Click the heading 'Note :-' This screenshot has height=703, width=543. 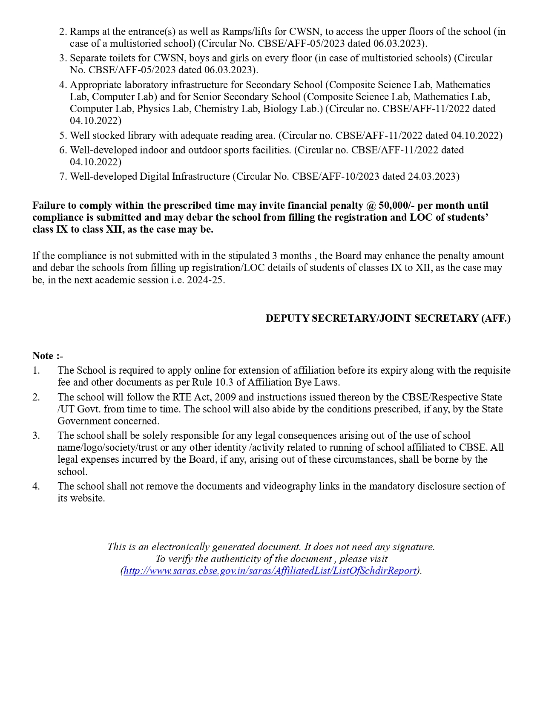48,356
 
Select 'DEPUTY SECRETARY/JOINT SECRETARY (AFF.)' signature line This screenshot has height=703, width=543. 388,318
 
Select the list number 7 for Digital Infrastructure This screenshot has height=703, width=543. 63,176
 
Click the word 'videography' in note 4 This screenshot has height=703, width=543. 290,486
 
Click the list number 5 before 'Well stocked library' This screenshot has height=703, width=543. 63,135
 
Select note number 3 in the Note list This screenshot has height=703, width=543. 36,435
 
